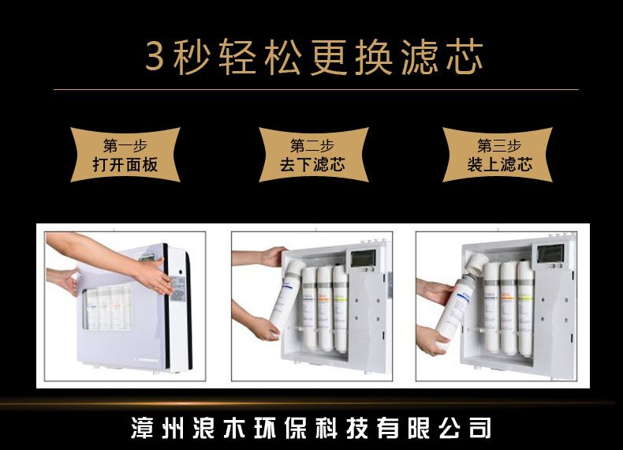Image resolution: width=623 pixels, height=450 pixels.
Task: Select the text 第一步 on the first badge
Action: point(125,146)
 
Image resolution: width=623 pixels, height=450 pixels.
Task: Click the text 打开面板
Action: point(125,165)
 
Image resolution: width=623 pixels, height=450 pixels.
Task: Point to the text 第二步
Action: point(311,146)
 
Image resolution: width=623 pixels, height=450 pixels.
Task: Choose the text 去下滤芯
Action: point(311,165)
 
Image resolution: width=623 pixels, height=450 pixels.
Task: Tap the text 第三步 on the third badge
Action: point(499,146)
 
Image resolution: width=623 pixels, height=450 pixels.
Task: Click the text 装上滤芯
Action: point(499,165)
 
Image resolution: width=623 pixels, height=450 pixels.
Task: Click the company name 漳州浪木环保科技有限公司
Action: point(311,427)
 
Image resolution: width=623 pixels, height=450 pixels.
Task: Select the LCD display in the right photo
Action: point(550,255)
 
